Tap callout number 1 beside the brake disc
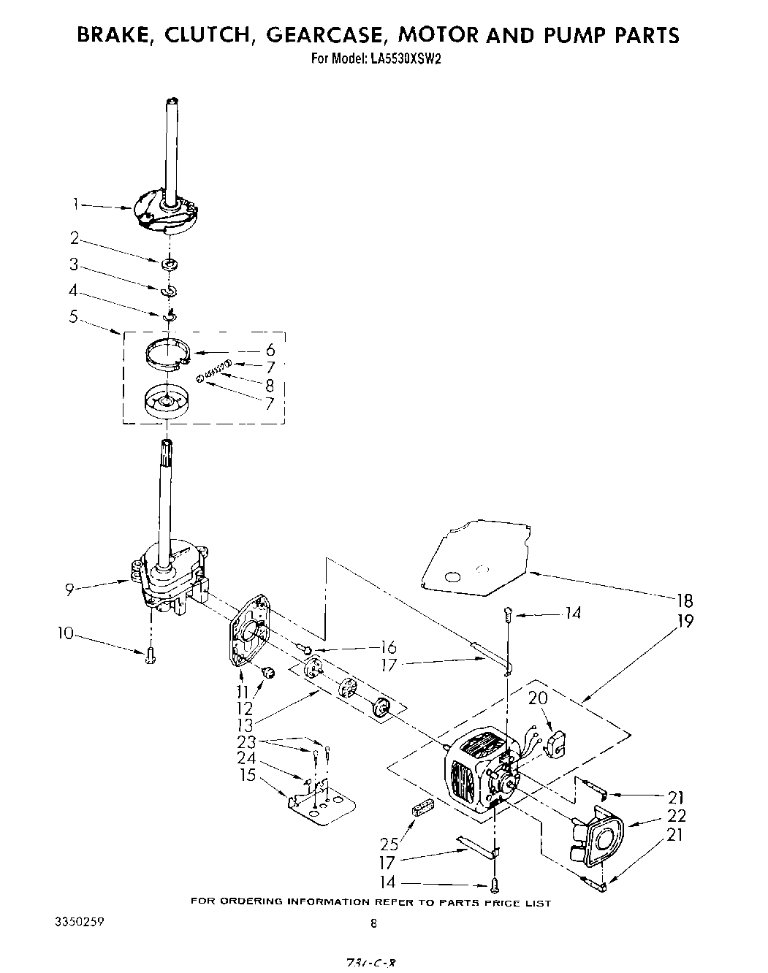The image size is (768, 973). coord(75,205)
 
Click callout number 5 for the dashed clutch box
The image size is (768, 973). coord(73,317)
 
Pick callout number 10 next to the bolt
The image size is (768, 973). coord(66,633)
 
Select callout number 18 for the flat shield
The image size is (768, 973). coord(685,600)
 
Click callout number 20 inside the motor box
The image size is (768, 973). coord(537,698)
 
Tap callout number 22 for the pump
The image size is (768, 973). coord(676,816)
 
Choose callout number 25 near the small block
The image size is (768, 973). coord(389,844)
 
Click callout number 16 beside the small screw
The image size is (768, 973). coord(388,647)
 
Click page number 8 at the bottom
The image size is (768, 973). coord(373,923)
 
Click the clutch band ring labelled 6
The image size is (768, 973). coord(167,353)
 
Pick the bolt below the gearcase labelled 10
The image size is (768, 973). coord(151,656)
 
